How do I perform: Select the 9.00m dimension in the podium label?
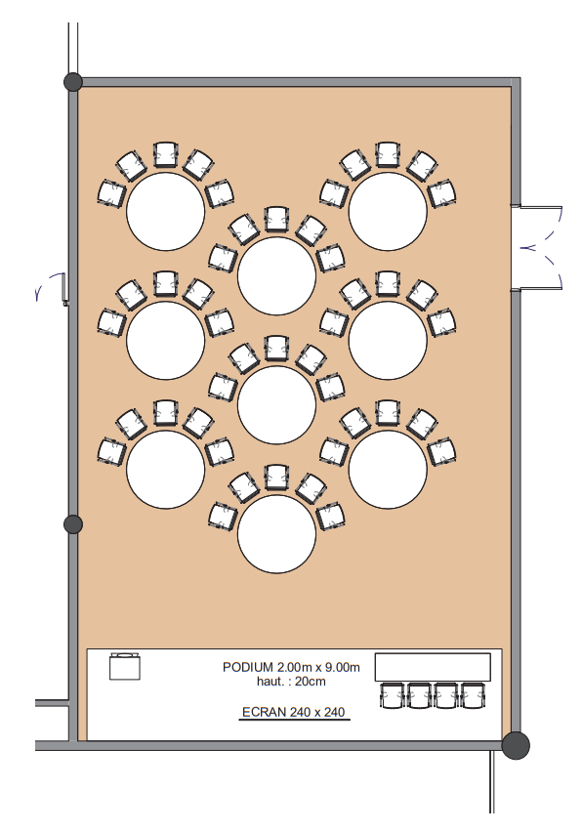(x=341, y=667)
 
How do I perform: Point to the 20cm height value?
(x=311, y=682)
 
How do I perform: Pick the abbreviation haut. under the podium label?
(x=270, y=682)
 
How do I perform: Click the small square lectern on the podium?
(x=125, y=666)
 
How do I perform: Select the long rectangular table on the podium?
(x=433, y=667)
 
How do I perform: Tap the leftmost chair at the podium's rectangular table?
(x=392, y=695)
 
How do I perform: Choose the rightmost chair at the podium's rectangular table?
(x=473, y=695)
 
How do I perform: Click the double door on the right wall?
(x=537, y=248)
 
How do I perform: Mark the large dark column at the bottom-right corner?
(x=516, y=745)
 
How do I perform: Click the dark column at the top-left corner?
(x=73, y=82)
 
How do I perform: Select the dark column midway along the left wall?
(x=73, y=524)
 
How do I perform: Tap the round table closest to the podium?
(x=276, y=534)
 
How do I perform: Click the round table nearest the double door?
(x=388, y=211)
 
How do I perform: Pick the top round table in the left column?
(x=166, y=211)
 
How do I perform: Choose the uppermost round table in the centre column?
(x=276, y=276)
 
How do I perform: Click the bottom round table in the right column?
(x=388, y=469)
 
